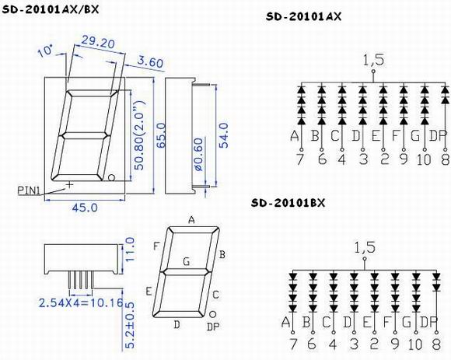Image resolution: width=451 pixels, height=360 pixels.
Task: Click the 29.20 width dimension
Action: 98,42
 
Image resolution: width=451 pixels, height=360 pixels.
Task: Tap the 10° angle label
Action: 45,51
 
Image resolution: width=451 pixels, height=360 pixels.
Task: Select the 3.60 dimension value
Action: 150,62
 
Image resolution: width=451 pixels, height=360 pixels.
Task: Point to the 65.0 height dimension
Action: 162,135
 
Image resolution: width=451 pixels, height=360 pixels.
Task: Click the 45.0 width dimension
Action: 85,208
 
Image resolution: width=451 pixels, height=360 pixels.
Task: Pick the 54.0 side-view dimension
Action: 223,135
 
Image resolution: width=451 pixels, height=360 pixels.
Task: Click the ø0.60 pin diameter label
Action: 199,155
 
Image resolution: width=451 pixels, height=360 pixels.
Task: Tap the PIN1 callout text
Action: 28,190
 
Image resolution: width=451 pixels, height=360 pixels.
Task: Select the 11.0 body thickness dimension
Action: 130,250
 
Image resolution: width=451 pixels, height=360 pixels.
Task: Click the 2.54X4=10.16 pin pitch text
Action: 81,302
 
